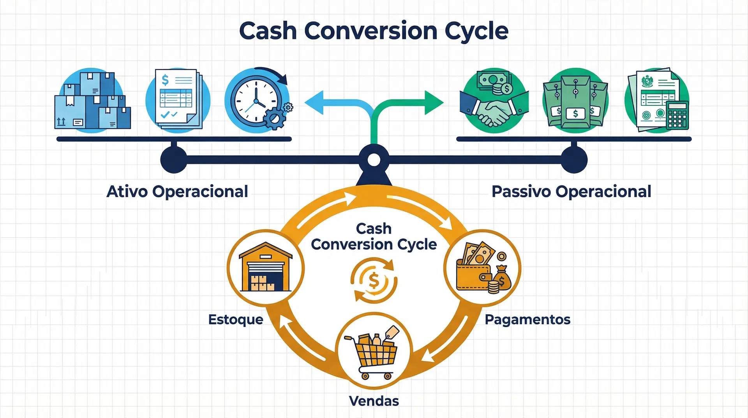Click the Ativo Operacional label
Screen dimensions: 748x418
177,191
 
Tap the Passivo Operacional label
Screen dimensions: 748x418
571,191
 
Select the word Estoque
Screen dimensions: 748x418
236,319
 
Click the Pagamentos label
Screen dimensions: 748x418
527,320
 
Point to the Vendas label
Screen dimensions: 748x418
374,401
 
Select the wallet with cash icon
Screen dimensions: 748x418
483,268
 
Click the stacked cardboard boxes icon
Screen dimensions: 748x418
93,100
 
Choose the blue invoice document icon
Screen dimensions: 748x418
178,99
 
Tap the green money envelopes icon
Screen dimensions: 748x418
575,101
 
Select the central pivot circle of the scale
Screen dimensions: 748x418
374,160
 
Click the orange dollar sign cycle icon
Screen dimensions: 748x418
374,280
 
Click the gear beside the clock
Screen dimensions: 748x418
275,118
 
